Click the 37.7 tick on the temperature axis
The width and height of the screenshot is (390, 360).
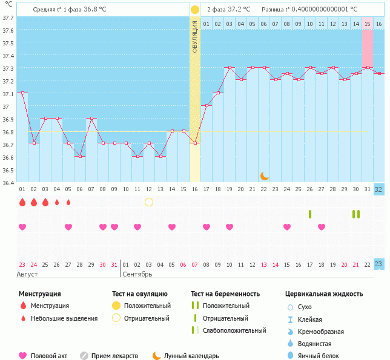pos(8,18)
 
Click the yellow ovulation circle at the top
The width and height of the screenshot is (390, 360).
pos(194,10)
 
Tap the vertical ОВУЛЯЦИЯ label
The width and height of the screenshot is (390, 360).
pos(194,36)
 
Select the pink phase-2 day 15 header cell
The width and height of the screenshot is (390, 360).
pos(367,24)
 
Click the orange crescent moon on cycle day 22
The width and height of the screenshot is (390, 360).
pos(264,175)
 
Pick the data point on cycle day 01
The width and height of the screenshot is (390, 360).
pos(22,93)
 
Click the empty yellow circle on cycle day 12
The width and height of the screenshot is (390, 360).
pos(149,202)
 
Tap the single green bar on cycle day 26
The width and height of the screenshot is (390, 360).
pos(310,214)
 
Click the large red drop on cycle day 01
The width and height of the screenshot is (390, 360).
pos(22,202)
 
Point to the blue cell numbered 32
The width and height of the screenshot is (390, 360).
pos(378,189)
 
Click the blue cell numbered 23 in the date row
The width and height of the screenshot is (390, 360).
pos(378,264)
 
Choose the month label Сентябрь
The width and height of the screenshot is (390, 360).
pos(137,274)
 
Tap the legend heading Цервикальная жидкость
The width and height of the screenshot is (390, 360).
pos(324,294)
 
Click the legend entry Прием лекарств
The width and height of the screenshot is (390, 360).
pos(114,356)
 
